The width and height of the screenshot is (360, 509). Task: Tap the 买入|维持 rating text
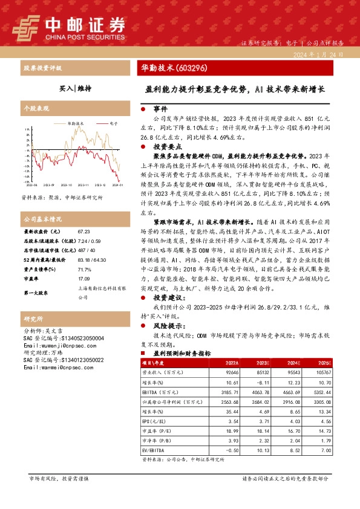(x=75, y=88)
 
